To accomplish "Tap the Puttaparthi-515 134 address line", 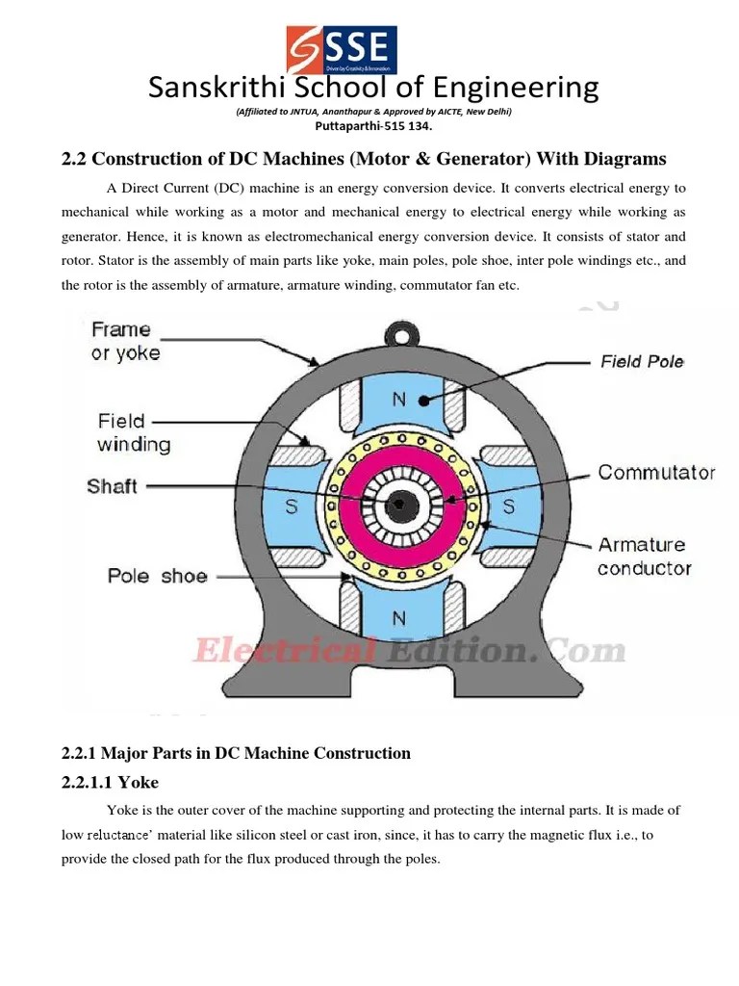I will click(373, 125).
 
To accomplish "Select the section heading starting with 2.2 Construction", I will click(364, 158).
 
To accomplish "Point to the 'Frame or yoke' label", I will click(125, 341).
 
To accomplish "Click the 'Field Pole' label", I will click(642, 361).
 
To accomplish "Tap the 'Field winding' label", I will click(134, 432).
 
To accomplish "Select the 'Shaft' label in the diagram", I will click(113, 485).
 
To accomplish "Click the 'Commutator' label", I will click(656, 472).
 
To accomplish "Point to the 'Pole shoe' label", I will click(157, 576).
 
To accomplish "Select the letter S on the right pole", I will click(508, 506).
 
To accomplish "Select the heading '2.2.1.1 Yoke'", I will click(110, 782).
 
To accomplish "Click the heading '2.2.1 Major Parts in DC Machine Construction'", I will click(236, 753).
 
